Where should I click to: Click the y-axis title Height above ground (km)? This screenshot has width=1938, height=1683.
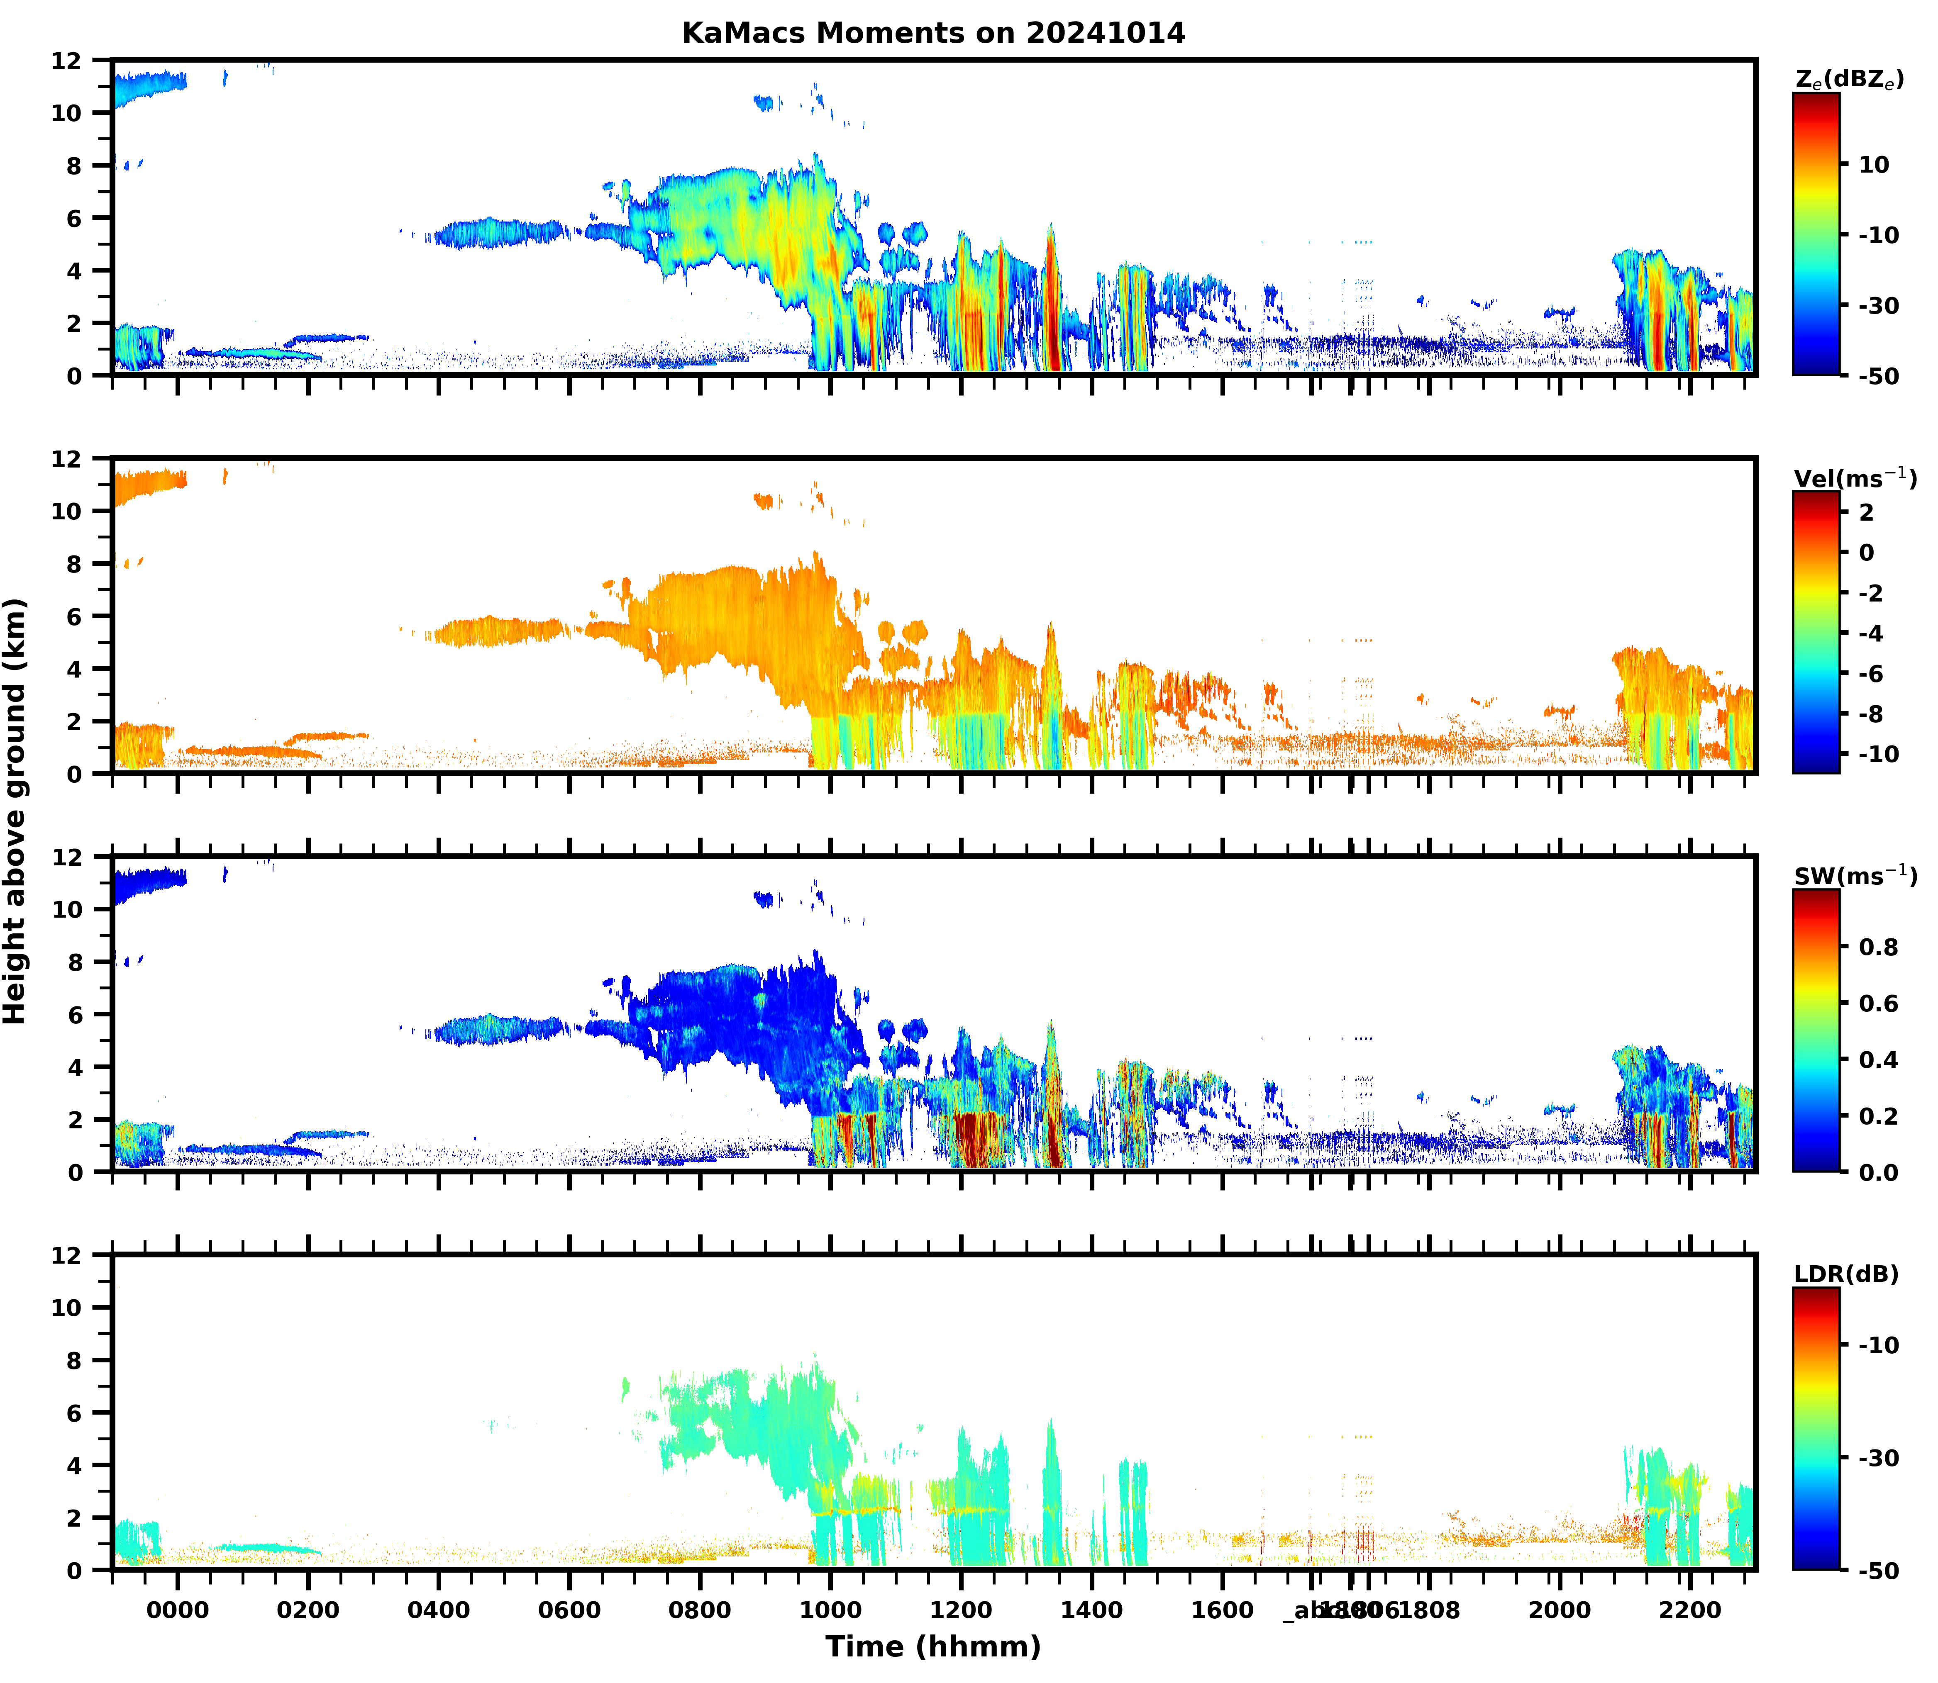pos(15,811)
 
